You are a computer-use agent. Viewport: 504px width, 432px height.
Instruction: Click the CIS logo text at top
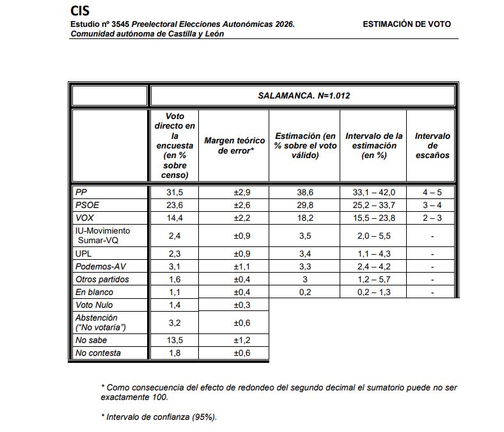pos(80,11)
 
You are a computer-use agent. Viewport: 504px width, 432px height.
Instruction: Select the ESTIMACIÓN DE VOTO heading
pos(406,24)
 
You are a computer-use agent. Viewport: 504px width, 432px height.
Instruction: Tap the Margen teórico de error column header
pos(234,145)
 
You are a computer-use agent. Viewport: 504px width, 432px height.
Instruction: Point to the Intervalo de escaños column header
pos(432,145)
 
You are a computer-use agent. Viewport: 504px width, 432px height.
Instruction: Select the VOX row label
pos(85,218)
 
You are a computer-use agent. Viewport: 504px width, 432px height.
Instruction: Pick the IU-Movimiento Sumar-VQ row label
pos(102,236)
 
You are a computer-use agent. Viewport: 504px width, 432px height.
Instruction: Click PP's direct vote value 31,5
pos(174,192)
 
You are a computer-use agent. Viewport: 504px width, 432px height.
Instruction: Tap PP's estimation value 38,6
pos(304,192)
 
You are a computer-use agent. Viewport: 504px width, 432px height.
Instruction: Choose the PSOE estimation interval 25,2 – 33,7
pos(374,205)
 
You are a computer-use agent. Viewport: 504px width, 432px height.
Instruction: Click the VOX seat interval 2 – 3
pos(432,218)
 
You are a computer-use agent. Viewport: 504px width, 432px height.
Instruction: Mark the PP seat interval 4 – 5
pos(432,192)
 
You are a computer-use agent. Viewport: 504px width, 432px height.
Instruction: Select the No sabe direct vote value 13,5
pos(174,340)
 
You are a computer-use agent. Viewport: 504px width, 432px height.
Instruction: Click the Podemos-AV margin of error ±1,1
pos(234,266)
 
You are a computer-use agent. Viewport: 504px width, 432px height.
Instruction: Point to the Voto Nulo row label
pos(94,305)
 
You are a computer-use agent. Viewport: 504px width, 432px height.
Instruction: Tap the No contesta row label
pos(98,353)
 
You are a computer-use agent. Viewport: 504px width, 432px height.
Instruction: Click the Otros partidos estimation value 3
pos(304,279)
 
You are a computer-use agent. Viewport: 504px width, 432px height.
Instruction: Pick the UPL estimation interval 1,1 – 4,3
pos(374,253)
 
